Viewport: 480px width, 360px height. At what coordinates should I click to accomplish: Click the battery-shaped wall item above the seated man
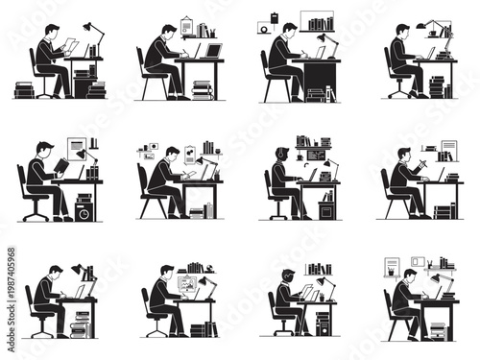click(x=275, y=18)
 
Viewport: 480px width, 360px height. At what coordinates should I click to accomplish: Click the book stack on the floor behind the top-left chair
click(x=24, y=91)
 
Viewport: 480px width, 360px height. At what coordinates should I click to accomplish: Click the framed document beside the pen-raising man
click(x=447, y=152)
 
